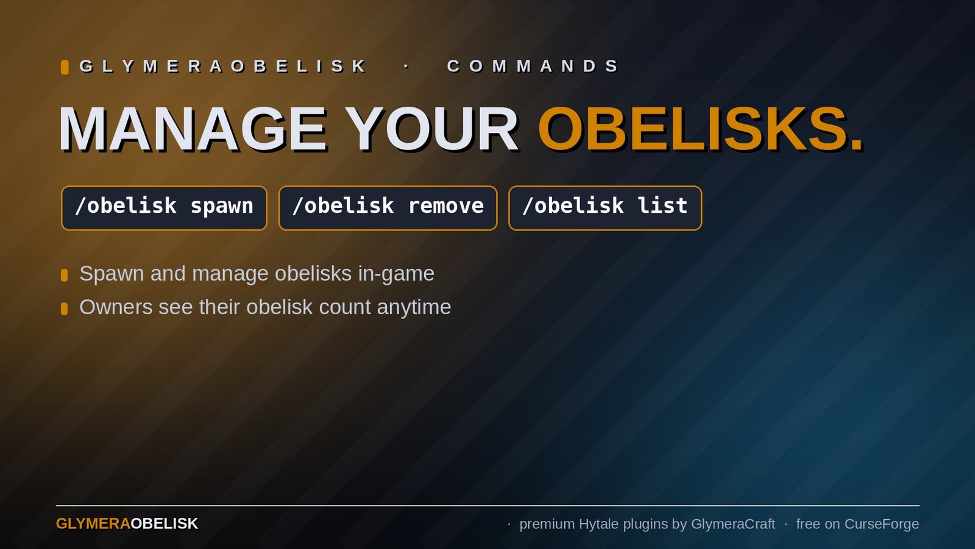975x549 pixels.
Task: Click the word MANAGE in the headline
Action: tap(193, 129)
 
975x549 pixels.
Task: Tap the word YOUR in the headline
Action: tap(434, 129)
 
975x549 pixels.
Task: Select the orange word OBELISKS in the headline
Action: tap(700, 129)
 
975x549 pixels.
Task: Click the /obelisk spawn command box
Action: tap(164, 208)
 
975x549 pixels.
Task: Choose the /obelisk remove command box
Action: tap(388, 208)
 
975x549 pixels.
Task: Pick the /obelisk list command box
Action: tap(605, 208)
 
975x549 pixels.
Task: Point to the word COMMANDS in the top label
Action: tap(533, 66)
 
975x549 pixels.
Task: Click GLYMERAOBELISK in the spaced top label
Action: tap(224, 66)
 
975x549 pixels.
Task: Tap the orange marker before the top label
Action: tap(65, 67)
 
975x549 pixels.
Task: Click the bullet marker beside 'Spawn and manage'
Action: tap(64, 275)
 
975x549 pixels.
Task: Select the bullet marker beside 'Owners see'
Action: tap(64, 309)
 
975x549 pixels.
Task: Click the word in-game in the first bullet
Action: tap(396, 274)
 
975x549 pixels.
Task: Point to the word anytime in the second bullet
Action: tap(414, 308)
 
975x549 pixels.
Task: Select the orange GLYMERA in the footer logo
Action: tap(93, 524)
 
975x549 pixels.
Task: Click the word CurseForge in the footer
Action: tap(882, 524)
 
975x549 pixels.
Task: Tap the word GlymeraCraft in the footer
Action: tap(733, 524)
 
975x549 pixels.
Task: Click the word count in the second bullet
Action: tap(345, 307)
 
